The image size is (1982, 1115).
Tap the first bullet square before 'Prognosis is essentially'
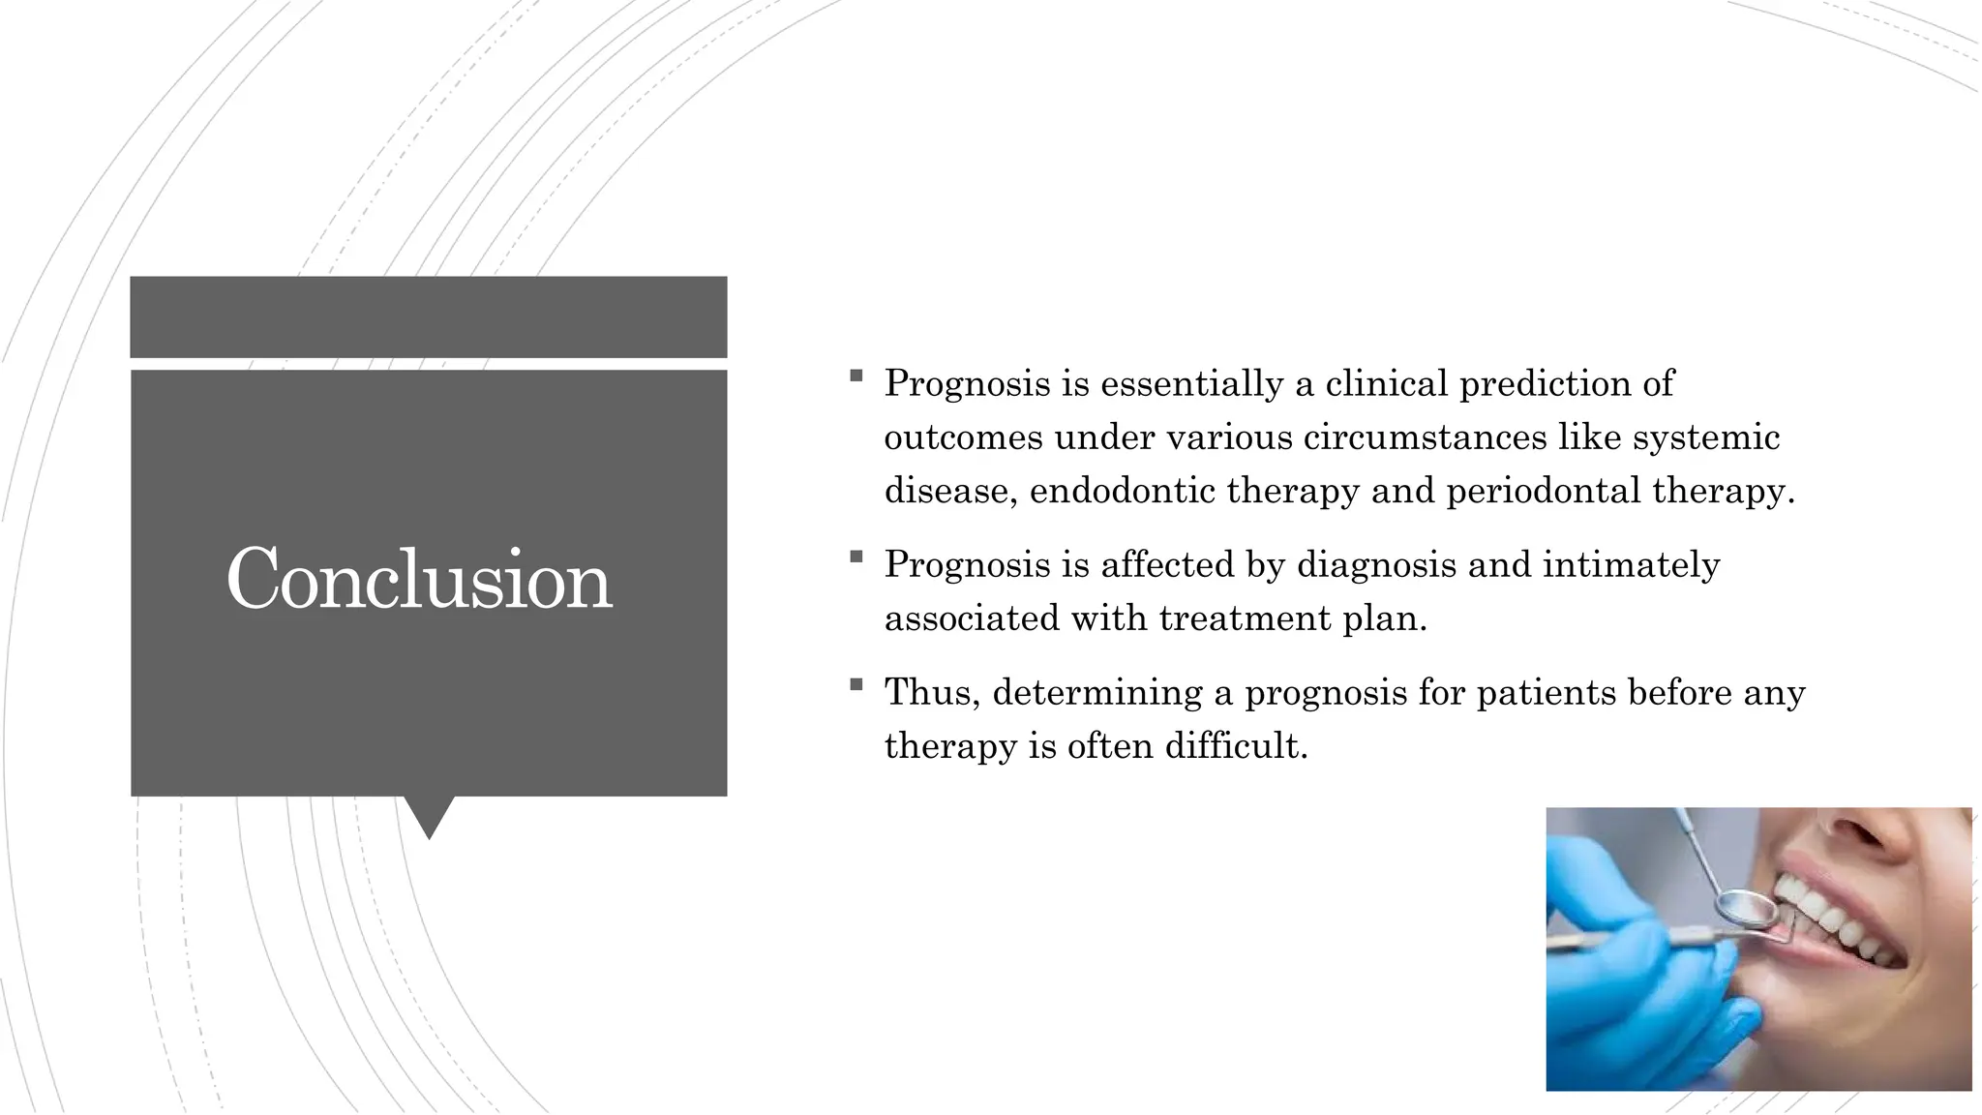point(856,376)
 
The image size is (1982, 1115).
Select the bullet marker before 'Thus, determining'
point(856,684)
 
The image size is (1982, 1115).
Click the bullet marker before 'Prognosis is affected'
point(856,557)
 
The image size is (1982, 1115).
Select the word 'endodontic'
point(1123,491)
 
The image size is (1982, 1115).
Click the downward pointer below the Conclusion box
point(429,815)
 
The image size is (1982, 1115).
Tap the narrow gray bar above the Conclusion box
point(429,316)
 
